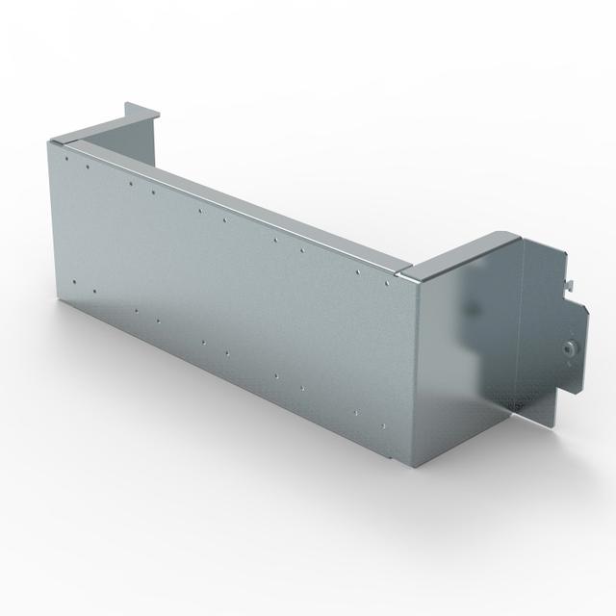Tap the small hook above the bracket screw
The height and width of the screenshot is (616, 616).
tap(571, 281)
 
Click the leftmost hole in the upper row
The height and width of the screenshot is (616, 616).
tap(88, 166)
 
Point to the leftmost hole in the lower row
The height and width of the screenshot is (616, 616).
tap(74, 282)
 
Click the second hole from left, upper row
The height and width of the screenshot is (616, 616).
tap(131, 180)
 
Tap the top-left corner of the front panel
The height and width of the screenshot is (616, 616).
tap(47, 141)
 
